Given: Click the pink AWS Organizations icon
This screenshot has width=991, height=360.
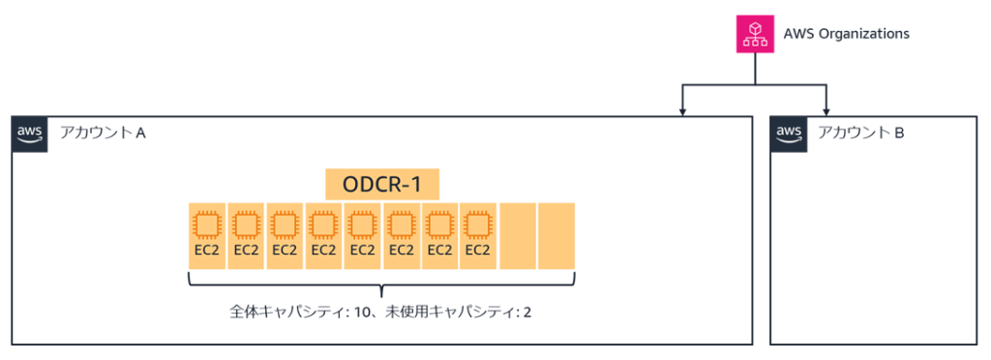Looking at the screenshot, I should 756,34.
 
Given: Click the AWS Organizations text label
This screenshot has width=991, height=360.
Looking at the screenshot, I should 846,34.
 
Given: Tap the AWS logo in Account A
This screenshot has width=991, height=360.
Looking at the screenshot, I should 29,134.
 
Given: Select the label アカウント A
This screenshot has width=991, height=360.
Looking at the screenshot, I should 102,133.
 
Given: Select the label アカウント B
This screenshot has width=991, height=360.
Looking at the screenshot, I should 860,133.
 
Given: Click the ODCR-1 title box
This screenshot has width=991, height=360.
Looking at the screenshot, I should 381,184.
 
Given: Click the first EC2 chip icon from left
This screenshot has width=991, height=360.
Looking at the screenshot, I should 207,225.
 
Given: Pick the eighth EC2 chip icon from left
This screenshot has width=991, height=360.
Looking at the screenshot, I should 478,225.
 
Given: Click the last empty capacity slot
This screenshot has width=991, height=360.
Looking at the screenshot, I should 556,235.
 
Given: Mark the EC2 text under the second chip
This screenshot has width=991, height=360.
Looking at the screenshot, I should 246,250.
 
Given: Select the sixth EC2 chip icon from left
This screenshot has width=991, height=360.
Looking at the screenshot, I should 401,225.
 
